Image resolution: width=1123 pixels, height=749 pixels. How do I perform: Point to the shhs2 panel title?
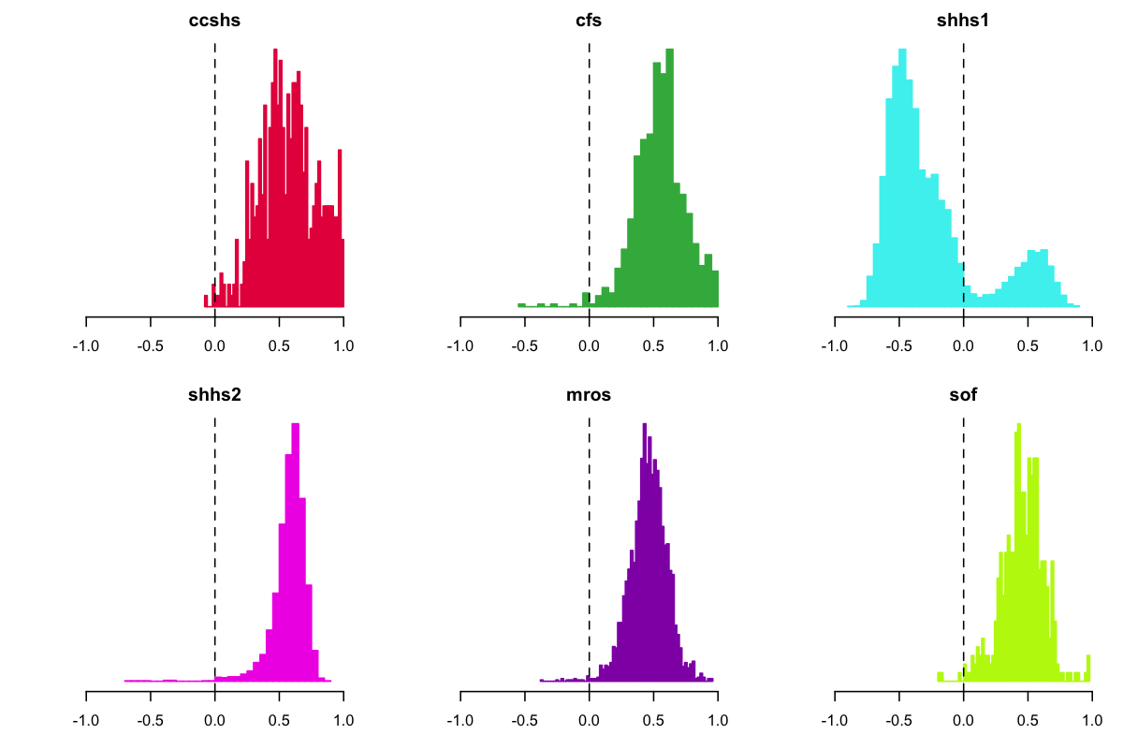(x=215, y=394)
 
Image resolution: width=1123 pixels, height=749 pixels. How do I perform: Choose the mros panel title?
(x=589, y=394)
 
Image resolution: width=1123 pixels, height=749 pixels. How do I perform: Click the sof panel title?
(x=963, y=394)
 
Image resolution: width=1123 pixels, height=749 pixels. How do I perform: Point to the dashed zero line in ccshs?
(x=215, y=140)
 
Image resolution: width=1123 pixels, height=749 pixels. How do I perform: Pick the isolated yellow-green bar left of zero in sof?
(x=940, y=676)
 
